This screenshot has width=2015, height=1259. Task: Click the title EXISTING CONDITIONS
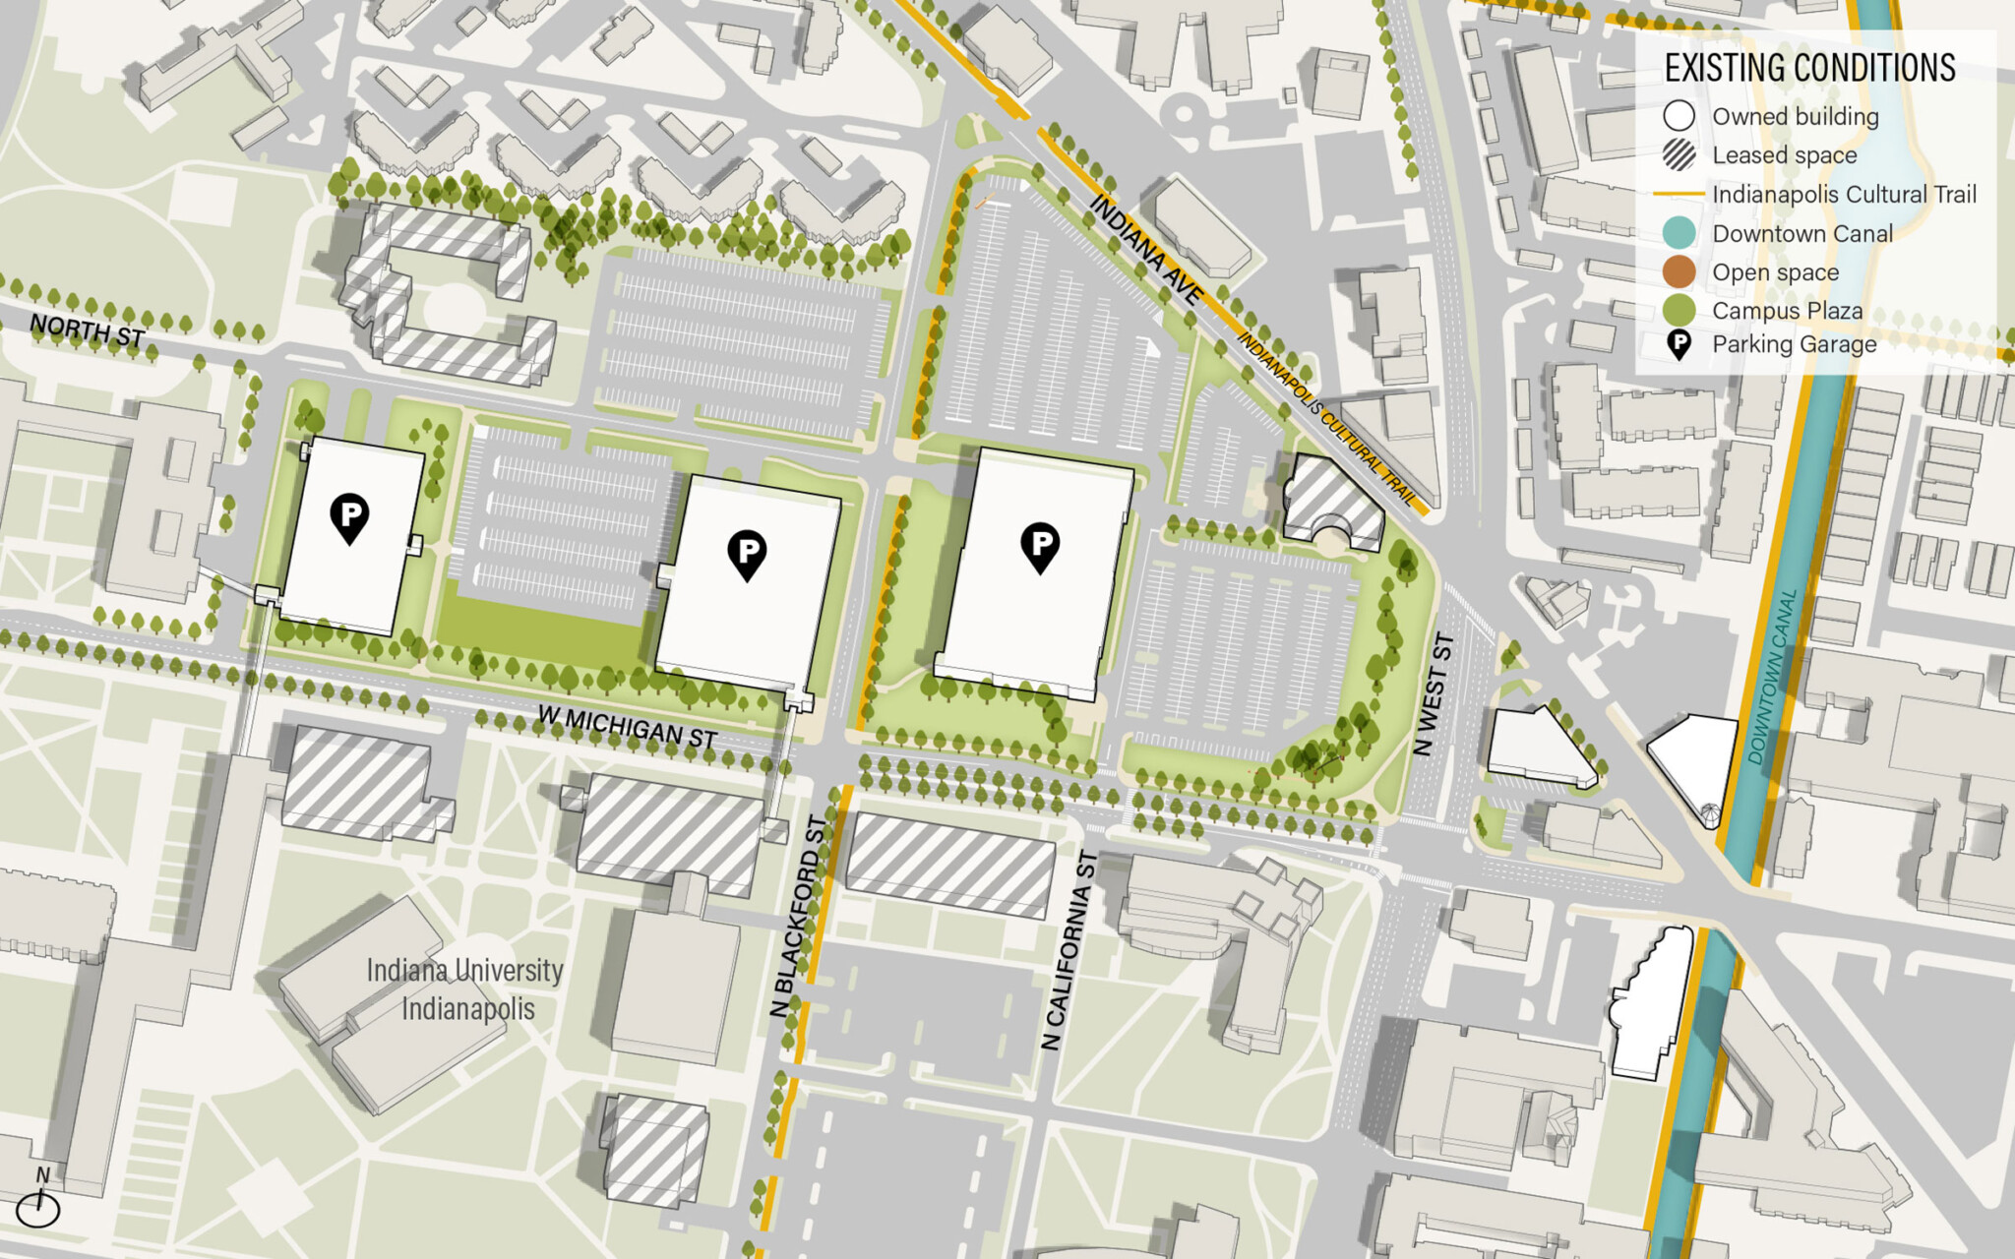[x=1809, y=68]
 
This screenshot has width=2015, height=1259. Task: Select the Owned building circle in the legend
[x=1679, y=116]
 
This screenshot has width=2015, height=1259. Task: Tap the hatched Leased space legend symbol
[x=1679, y=154]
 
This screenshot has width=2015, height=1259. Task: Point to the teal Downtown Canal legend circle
[x=1679, y=233]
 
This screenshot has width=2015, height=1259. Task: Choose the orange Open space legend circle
[x=1679, y=271]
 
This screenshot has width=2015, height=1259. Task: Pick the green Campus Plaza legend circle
[x=1679, y=310]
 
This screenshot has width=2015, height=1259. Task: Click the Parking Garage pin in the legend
[x=1679, y=344]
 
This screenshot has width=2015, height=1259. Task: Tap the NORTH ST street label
[x=87, y=330]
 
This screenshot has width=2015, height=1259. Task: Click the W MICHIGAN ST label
[x=627, y=727]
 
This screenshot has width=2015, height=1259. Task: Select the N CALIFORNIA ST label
[x=1069, y=950]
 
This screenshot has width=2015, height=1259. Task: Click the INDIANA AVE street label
[x=1146, y=249]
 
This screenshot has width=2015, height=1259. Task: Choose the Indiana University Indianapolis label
[x=465, y=989]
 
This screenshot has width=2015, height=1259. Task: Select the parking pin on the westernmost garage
[x=349, y=517]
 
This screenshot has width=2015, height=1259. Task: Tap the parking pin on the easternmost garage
[x=1040, y=546]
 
